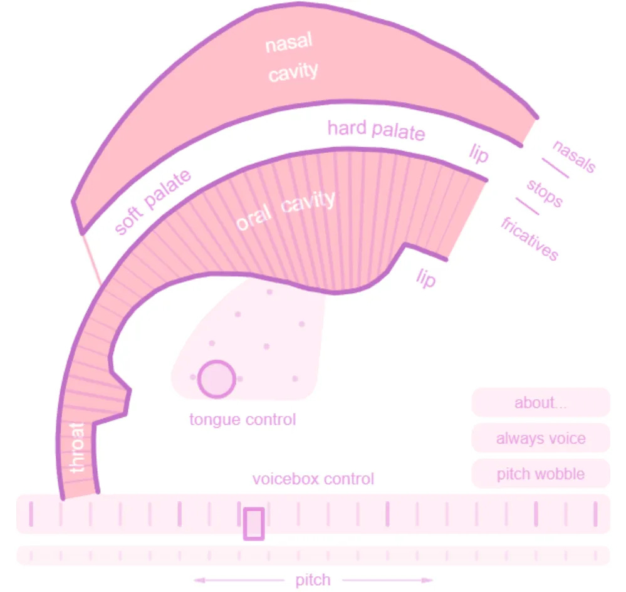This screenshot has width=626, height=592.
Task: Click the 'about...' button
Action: click(x=540, y=402)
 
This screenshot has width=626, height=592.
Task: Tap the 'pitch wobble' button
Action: click(x=540, y=474)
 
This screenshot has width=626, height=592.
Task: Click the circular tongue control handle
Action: click(x=216, y=379)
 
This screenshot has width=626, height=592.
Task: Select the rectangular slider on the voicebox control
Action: click(x=253, y=524)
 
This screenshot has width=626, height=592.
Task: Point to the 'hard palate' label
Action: click(x=376, y=130)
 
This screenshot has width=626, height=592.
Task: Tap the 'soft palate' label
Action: click(x=153, y=202)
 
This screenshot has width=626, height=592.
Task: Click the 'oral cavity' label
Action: click(x=285, y=211)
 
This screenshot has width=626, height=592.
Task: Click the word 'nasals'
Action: click(x=573, y=155)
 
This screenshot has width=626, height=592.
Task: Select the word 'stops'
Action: click(x=544, y=193)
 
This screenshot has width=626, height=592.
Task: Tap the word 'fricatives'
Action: click(x=529, y=239)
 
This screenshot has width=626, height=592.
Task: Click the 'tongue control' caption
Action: click(x=243, y=419)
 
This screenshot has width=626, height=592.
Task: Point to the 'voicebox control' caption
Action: click(x=313, y=479)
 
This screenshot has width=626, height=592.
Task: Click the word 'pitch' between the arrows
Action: click(x=313, y=580)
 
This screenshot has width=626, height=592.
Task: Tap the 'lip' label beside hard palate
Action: click(x=478, y=153)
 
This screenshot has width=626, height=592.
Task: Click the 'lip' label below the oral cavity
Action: click(x=425, y=277)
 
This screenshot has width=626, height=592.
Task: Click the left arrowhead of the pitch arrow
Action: click(x=197, y=580)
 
